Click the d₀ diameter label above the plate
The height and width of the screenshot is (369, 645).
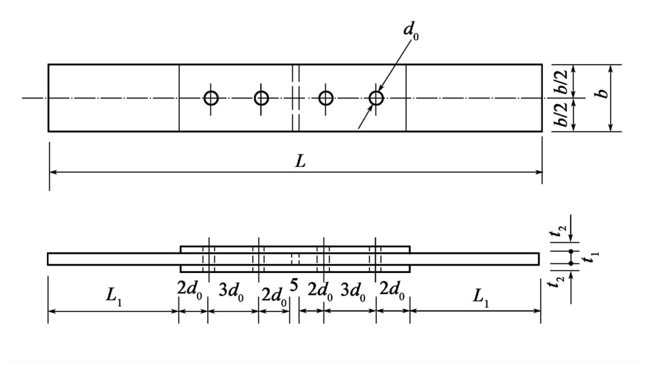point(411,31)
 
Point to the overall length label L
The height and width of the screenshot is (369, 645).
point(300,161)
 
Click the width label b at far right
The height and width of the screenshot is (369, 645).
point(603,93)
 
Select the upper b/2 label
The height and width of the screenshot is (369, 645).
point(562,82)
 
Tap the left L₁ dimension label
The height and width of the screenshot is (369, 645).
point(113,296)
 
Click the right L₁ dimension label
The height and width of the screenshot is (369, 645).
point(480,296)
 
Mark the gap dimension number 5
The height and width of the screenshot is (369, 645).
point(294,285)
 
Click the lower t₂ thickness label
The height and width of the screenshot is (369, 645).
point(559,283)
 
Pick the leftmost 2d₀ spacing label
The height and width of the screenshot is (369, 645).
point(189,289)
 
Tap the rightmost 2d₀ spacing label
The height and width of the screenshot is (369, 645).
point(392,291)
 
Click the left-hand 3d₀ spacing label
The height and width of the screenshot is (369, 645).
point(231,292)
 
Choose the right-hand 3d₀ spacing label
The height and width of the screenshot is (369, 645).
point(353,292)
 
